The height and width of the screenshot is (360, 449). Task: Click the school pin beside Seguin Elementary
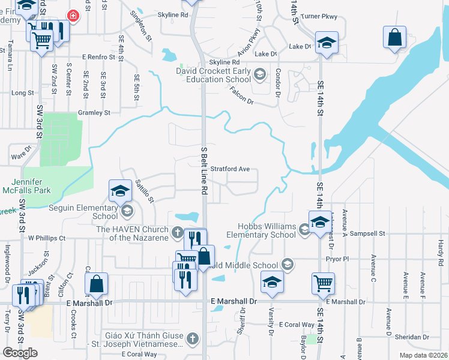[x=120, y=191]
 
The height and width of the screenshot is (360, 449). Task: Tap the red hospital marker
[x=73, y=16]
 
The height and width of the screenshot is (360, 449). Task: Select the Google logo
[x=19, y=353]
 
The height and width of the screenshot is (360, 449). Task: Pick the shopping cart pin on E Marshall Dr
[x=323, y=283]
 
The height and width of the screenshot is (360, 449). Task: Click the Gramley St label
[x=94, y=112]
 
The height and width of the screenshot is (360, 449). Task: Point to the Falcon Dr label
[x=241, y=96]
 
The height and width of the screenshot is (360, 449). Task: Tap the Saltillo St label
[x=145, y=190]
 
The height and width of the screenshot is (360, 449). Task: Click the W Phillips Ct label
[x=46, y=238]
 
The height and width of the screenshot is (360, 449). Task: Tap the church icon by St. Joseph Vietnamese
[x=193, y=338]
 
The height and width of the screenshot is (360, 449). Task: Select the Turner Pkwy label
[x=320, y=17]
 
